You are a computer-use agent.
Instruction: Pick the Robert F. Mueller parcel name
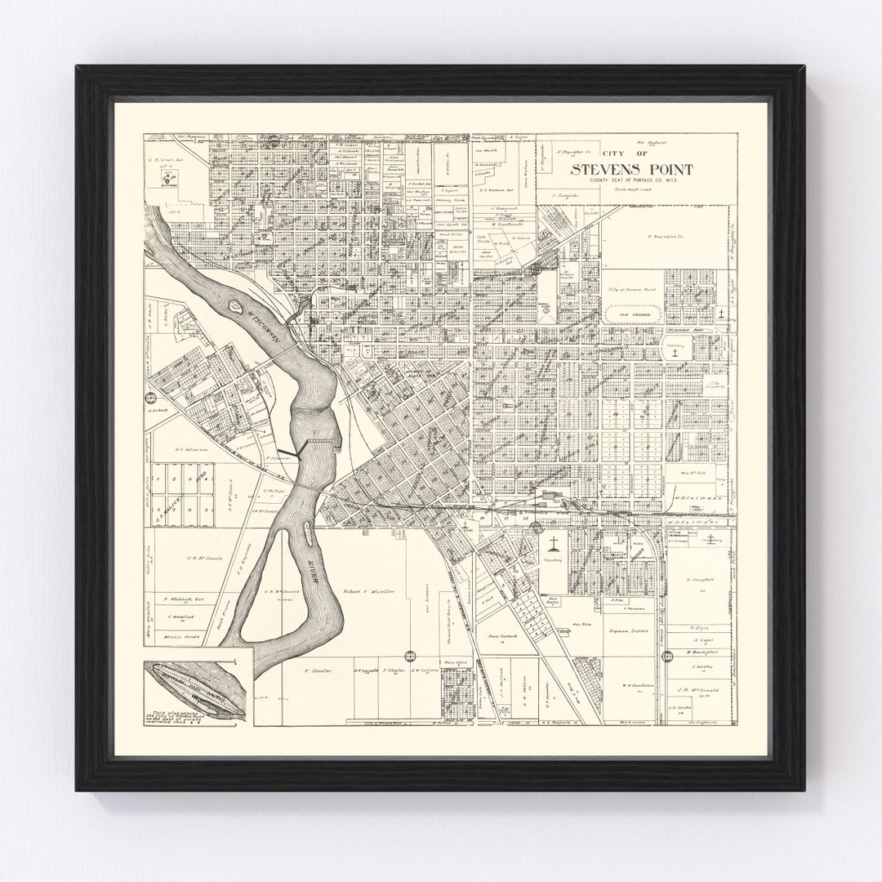coord(368,590)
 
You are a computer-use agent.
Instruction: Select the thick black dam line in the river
coord(291,451)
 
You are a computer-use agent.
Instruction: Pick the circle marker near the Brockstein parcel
coord(667,655)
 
